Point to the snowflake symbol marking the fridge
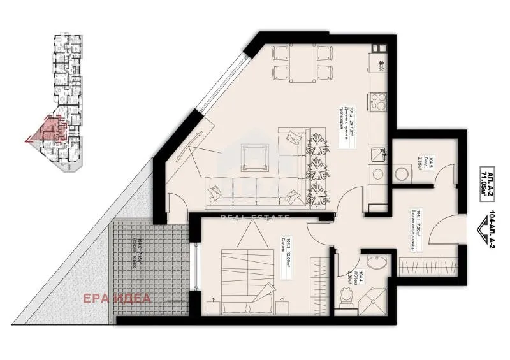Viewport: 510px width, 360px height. [x=381, y=62]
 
